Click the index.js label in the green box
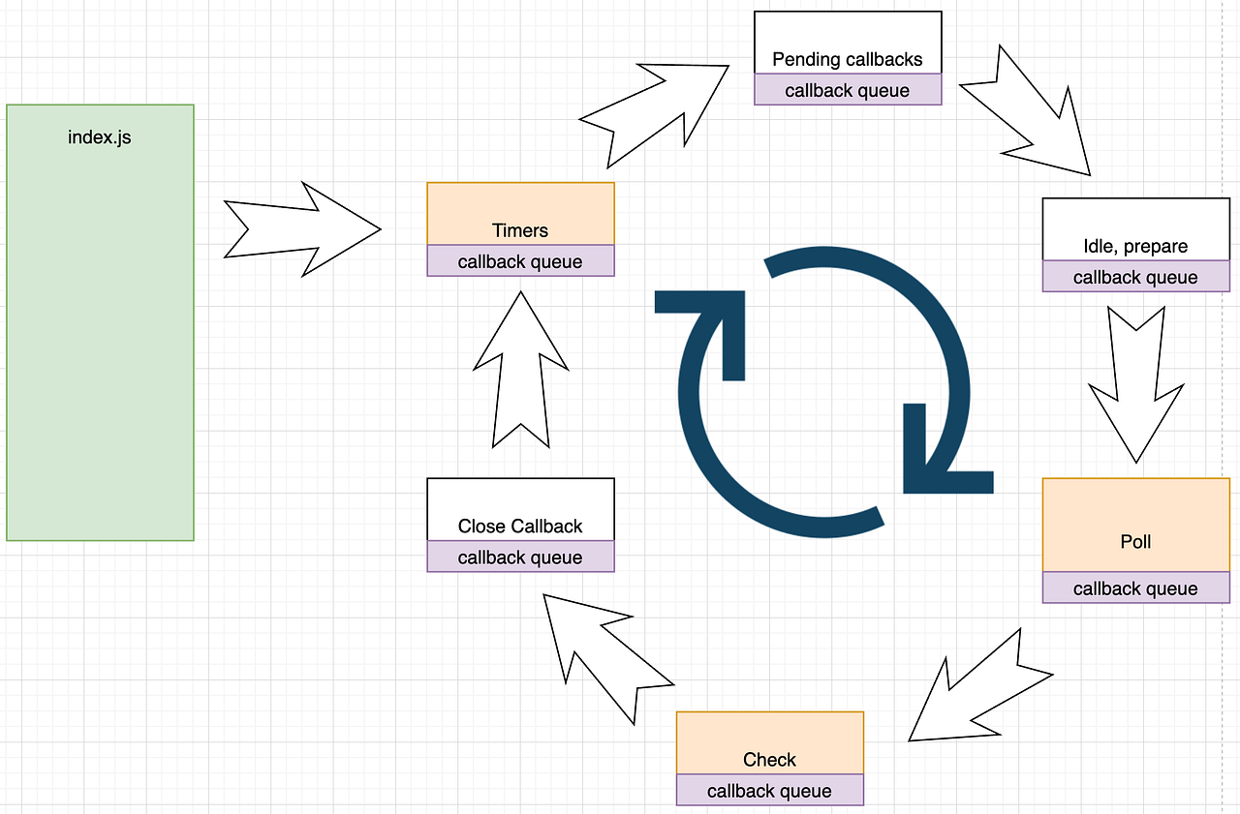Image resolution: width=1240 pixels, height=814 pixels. tap(99, 137)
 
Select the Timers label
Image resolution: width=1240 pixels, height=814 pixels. tap(520, 230)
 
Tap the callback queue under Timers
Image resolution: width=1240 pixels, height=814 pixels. tap(520, 261)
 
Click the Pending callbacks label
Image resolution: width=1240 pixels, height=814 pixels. tap(847, 59)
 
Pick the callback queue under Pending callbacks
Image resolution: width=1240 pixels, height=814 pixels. tap(847, 90)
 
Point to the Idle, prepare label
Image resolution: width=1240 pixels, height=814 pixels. tap(1135, 246)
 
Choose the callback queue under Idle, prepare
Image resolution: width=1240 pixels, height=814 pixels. tap(1135, 277)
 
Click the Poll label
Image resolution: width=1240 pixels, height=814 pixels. tap(1135, 541)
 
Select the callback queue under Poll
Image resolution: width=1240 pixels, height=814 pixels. tap(1135, 588)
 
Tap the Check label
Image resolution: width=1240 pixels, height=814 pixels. tap(769, 760)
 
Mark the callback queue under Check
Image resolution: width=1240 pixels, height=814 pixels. tap(769, 791)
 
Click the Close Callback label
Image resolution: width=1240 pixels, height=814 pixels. tap(520, 527)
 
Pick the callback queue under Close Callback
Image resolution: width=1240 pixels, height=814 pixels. tap(520, 558)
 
